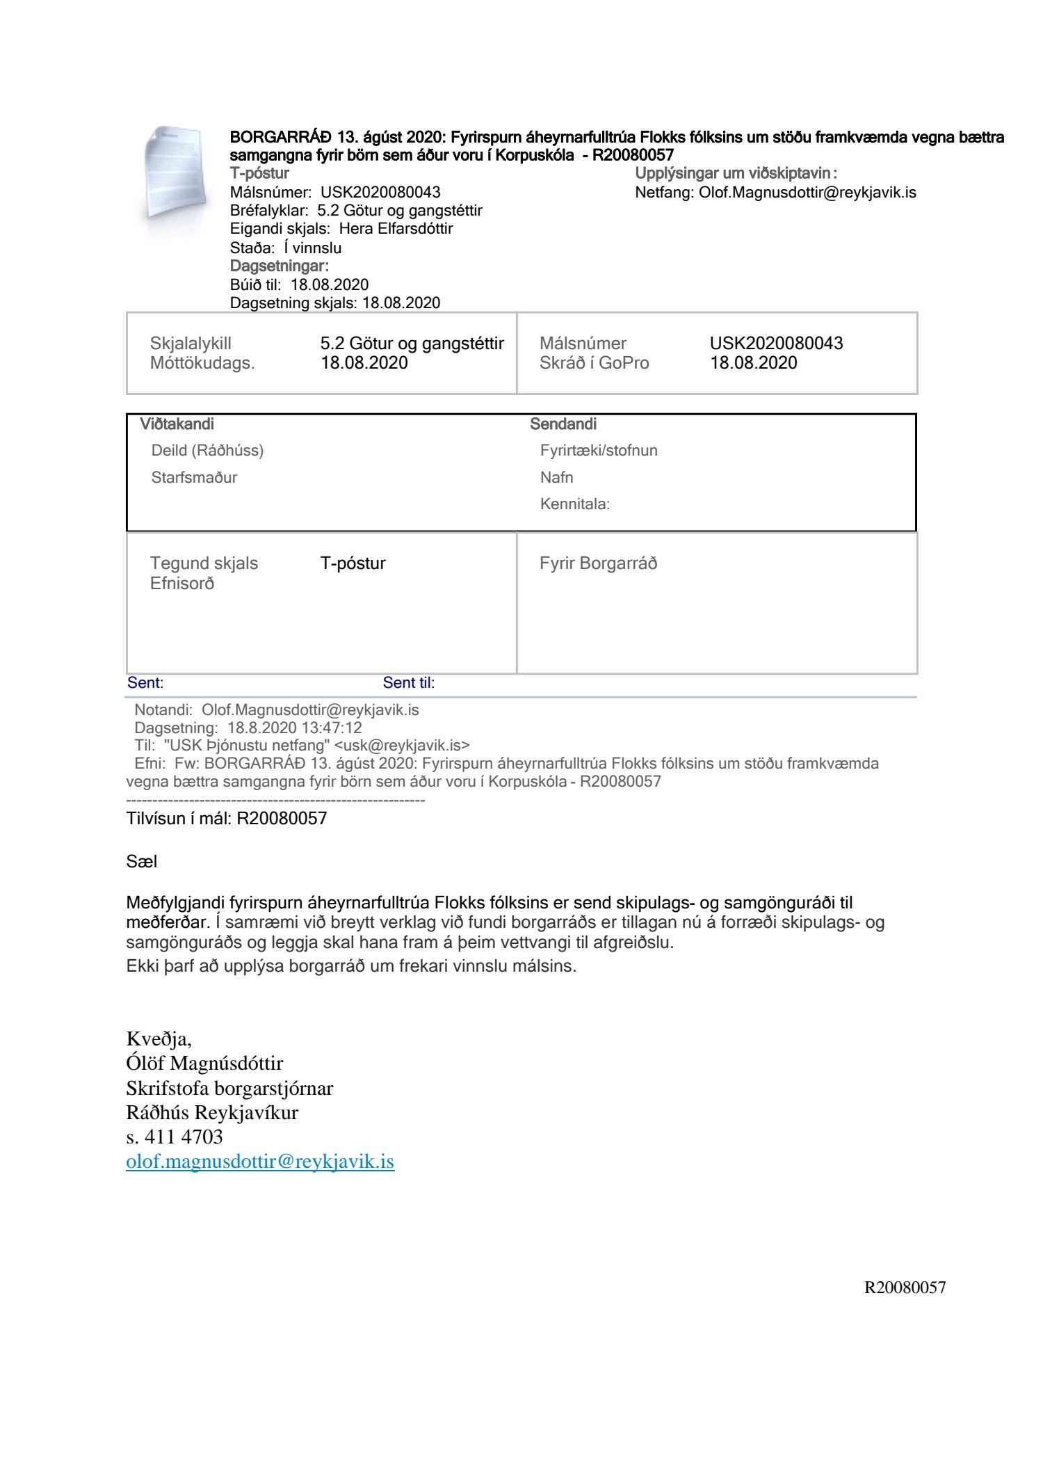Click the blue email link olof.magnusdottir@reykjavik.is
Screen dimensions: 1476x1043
point(260,1162)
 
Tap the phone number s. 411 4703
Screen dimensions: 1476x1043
point(175,1137)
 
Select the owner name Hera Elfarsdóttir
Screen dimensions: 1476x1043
point(396,229)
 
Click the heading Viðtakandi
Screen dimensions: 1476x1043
point(177,424)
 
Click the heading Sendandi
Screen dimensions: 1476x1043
point(563,424)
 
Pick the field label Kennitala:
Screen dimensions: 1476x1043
point(575,504)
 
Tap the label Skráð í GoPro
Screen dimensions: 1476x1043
point(594,363)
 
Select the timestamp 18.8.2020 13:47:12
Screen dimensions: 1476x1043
point(295,728)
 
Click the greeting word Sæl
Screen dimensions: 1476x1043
point(142,862)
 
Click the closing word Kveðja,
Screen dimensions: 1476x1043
point(159,1039)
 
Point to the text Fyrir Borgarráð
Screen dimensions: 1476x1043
point(598,563)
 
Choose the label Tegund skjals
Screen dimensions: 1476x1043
point(204,563)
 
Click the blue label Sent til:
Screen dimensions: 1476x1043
point(409,683)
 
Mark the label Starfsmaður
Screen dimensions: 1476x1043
point(194,478)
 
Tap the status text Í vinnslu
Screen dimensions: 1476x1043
point(312,248)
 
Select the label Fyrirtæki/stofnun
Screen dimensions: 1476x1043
point(599,451)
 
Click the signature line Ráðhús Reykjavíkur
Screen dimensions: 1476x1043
point(212,1112)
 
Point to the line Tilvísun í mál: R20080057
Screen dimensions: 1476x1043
point(227,819)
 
